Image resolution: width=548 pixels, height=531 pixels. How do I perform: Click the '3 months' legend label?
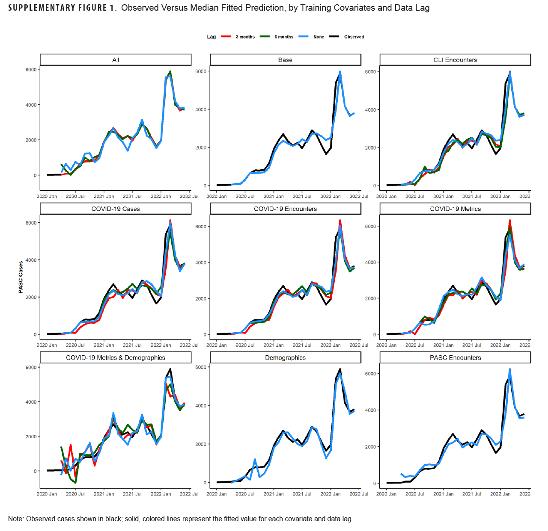[245, 37]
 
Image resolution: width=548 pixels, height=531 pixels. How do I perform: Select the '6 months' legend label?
[284, 37]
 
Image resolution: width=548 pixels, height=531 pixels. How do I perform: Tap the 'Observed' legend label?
[354, 37]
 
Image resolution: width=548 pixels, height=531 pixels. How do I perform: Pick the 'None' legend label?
[319, 37]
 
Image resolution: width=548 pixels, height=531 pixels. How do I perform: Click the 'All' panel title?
[116, 60]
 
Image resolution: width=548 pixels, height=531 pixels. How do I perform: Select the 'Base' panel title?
[285, 60]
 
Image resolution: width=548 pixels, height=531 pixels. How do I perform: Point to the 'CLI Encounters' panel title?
[455, 60]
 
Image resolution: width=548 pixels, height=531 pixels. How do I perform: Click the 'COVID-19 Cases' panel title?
[116, 209]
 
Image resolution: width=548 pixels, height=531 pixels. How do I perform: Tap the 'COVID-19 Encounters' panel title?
[285, 209]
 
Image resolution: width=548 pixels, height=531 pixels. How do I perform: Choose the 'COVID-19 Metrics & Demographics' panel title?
[116, 357]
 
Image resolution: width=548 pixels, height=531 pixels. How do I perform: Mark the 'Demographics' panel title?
[285, 357]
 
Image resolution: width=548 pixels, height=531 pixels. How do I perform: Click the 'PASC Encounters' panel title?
[455, 357]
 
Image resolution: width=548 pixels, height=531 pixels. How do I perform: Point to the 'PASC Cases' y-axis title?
[21, 277]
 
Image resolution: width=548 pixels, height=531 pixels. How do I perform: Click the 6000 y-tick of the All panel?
[31, 69]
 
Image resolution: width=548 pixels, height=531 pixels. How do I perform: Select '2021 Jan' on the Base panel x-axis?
[274, 196]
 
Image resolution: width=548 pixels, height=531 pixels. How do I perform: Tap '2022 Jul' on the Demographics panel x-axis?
[359, 494]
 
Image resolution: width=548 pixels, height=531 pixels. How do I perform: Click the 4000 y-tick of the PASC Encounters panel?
[371, 410]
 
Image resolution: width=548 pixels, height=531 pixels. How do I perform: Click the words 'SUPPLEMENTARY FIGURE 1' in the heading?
[62, 8]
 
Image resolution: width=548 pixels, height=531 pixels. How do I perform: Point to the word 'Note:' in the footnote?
[16, 519]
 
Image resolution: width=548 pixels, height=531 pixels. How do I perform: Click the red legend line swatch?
[226, 37]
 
